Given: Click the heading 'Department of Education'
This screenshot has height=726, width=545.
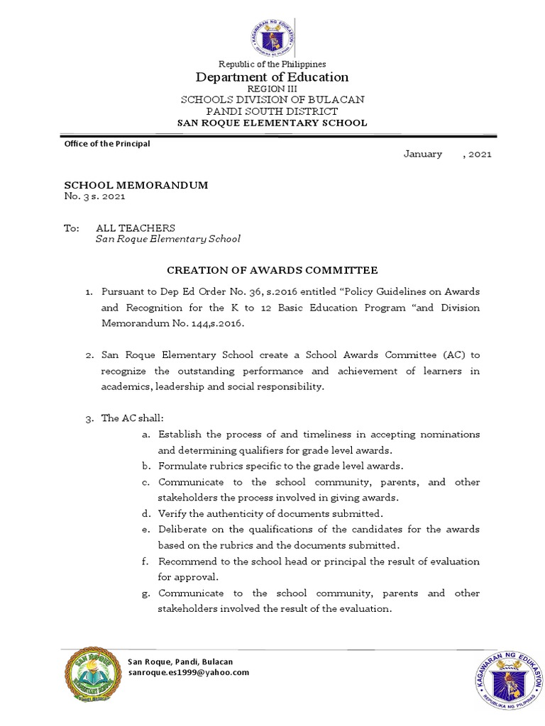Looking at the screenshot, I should (x=272, y=77).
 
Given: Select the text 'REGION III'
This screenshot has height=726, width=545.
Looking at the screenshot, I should (x=272, y=89).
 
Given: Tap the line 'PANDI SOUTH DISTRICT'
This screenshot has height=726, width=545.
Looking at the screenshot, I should (x=272, y=111).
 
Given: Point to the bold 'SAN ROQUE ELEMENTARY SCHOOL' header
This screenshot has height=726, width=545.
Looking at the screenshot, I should (x=272, y=123).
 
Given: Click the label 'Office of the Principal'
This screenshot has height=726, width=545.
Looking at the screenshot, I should (x=107, y=143).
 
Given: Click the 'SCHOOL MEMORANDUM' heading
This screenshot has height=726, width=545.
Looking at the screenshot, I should (x=136, y=185).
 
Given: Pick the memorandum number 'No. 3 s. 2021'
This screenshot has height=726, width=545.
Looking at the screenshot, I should (x=94, y=196).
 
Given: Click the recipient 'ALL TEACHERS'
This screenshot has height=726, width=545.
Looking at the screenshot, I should (x=136, y=228).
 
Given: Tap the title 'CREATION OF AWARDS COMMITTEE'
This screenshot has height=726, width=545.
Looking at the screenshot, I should (x=272, y=270).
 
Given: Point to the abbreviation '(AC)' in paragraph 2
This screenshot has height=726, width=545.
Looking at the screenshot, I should (x=454, y=354).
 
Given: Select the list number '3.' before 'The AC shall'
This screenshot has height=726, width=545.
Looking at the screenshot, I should (x=89, y=418).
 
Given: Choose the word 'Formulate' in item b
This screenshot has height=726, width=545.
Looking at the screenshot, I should (x=180, y=466).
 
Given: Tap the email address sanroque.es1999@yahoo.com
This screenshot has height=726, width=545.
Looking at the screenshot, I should (x=188, y=672).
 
